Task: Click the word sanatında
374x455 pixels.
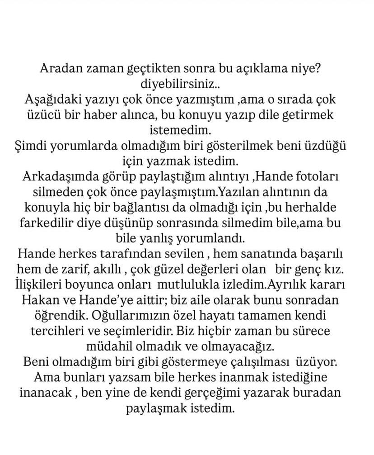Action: (261, 253)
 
